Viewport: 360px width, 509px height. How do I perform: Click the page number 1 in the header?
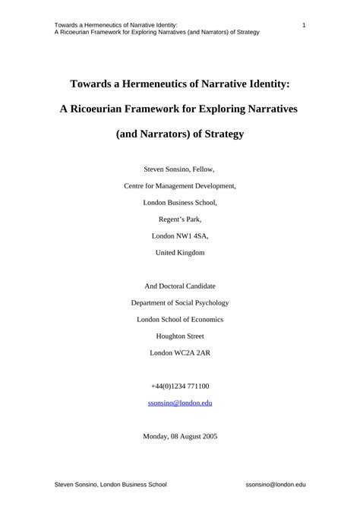click(x=304, y=26)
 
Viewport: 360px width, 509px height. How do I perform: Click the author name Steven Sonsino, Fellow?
click(x=179, y=168)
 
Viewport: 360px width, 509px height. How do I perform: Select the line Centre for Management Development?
click(x=180, y=185)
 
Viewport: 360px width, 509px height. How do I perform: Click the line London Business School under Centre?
click(x=180, y=202)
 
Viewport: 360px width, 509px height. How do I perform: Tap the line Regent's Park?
click(x=180, y=219)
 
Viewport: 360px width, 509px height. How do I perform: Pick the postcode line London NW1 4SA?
click(x=180, y=236)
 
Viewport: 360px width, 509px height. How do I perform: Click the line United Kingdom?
click(x=180, y=252)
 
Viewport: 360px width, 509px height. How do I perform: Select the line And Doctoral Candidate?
click(x=180, y=286)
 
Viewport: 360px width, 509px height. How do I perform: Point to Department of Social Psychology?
click(x=180, y=302)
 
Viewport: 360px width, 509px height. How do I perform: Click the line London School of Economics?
click(x=180, y=319)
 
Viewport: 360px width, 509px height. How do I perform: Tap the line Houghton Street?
click(x=180, y=336)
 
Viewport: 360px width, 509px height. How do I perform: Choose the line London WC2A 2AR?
click(x=180, y=353)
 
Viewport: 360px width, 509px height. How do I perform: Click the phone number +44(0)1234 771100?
click(x=180, y=386)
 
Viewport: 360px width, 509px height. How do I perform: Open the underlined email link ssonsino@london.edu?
click(x=180, y=403)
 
